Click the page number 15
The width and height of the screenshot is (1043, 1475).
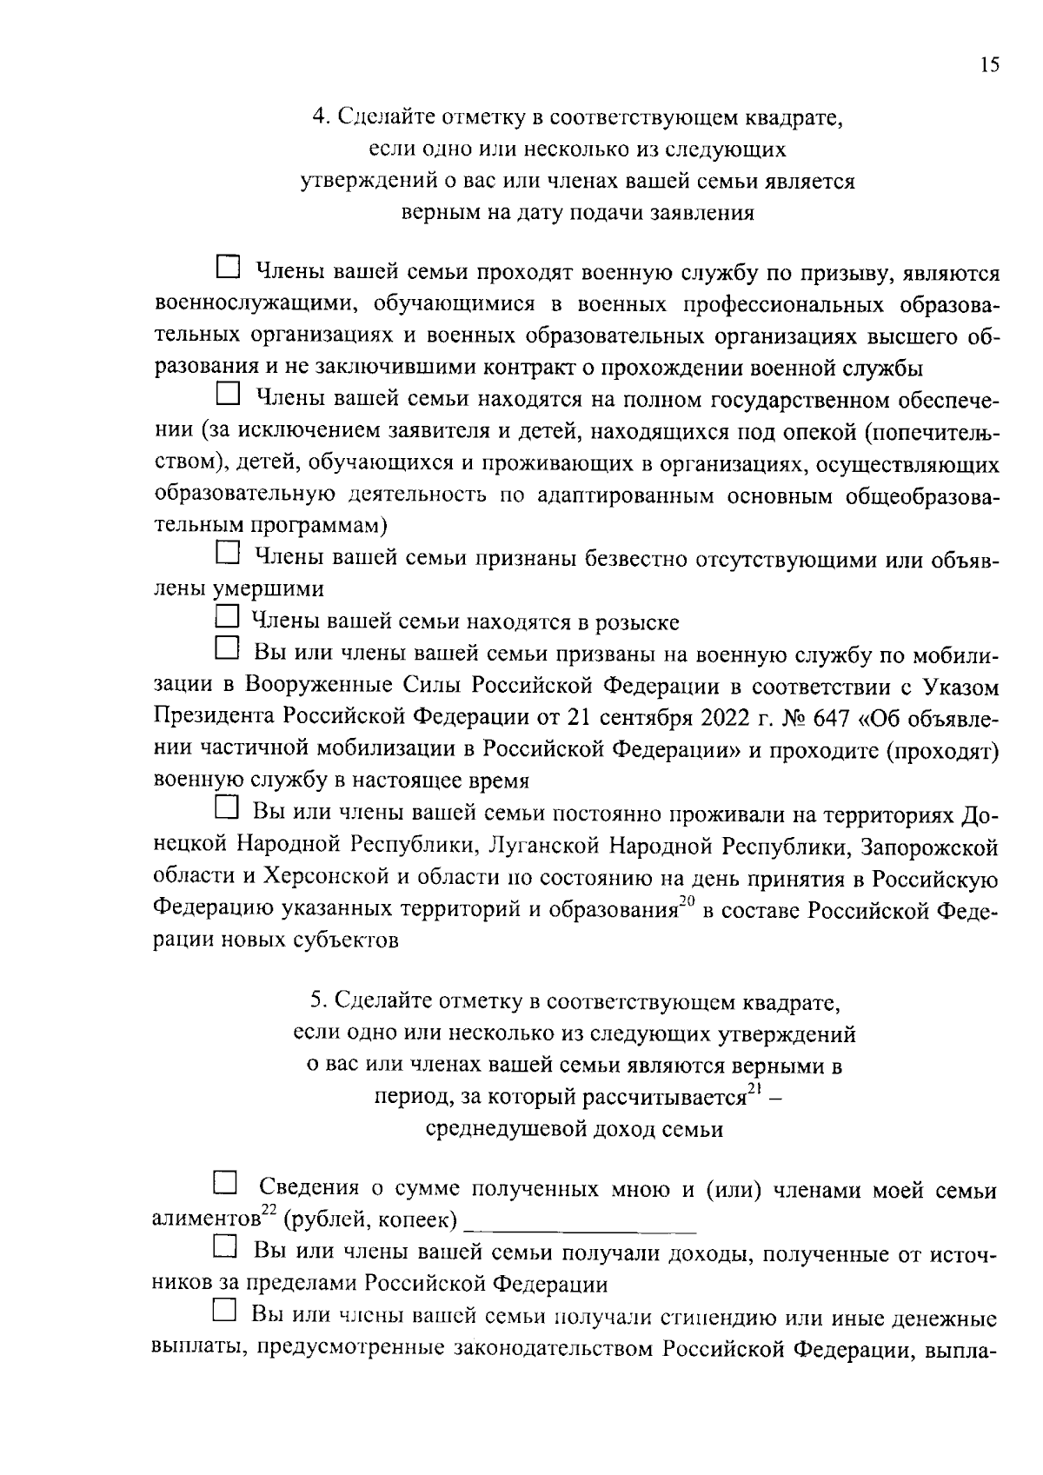pyautogui.click(x=989, y=66)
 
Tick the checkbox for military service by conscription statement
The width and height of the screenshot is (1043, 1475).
pyautogui.click(x=227, y=267)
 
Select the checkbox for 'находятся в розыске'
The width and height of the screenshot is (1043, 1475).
pyautogui.click(x=226, y=618)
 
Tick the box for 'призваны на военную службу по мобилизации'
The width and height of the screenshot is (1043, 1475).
pyautogui.click(x=227, y=648)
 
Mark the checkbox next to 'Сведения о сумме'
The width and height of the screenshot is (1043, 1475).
pyautogui.click(x=226, y=1183)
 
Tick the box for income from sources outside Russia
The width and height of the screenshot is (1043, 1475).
pyautogui.click(x=226, y=1247)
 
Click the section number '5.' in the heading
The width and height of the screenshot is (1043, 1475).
pyautogui.click(x=317, y=1002)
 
